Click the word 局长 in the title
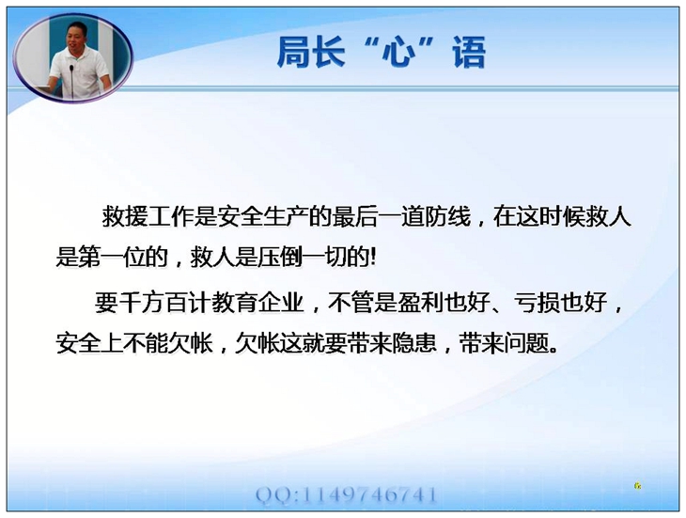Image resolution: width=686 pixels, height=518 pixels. click(311, 52)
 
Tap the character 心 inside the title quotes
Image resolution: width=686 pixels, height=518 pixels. click(398, 53)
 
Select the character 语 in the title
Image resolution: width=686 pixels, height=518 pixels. click(469, 52)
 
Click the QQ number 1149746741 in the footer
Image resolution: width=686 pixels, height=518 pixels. click(369, 495)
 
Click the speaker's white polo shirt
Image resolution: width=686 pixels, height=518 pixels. click(79, 69)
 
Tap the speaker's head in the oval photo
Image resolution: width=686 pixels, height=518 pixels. click(77, 36)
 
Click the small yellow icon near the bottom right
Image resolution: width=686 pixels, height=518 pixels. click(638, 485)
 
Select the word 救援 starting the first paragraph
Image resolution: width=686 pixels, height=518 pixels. click(125, 216)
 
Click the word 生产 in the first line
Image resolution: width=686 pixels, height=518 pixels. click(286, 216)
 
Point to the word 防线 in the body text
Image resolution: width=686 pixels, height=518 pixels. click(447, 216)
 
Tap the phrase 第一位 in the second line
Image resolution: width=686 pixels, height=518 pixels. click(113, 257)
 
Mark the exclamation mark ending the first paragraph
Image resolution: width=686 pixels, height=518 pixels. click(372, 258)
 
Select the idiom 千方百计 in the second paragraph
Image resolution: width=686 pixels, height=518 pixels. click(164, 303)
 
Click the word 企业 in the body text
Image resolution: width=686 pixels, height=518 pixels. click(281, 303)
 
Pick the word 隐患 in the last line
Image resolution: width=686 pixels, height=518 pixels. click(414, 343)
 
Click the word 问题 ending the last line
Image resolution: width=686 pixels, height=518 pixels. click(527, 343)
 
